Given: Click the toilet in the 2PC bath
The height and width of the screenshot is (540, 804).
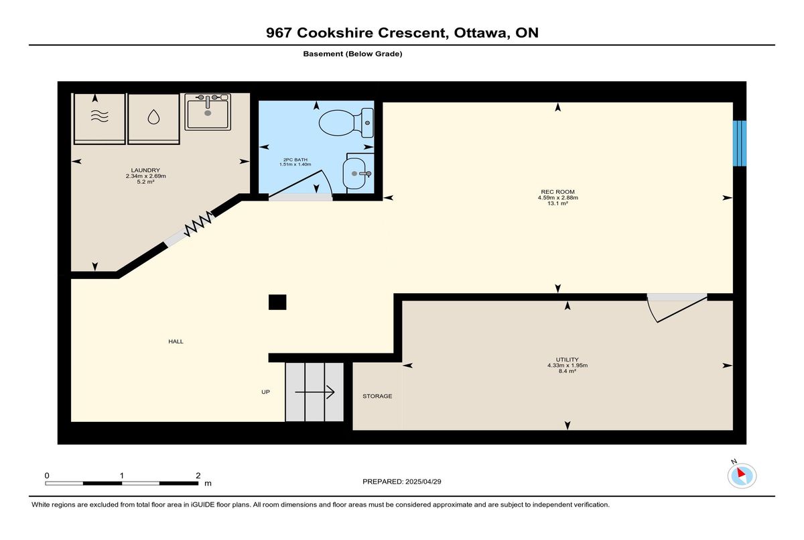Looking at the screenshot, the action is tap(346, 123).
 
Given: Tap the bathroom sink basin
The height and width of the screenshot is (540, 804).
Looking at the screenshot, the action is tap(354, 174).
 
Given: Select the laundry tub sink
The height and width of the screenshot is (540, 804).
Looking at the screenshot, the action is tap(208, 112).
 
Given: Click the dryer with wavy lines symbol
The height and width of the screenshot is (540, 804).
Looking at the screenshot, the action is tap(99, 119).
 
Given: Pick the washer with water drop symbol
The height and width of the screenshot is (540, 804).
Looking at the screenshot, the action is tap(153, 119).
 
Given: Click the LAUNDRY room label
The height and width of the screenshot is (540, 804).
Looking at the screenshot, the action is tap(145, 170).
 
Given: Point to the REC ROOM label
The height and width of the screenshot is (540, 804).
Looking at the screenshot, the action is tap(557, 192).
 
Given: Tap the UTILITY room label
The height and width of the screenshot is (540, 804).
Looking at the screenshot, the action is tap(567, 360).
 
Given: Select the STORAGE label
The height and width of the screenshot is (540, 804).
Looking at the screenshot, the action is tap(377, 396).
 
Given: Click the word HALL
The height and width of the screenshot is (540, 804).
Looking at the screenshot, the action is tap(176, 341).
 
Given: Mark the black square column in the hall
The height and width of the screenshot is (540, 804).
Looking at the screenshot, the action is tap(277, 302).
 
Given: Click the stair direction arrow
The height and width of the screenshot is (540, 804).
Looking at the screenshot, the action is tap(315, 392).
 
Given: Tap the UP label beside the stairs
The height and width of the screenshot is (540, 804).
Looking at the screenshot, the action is tap(265, 392).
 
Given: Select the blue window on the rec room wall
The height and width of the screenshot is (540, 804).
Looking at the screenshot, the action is tap(740, 144).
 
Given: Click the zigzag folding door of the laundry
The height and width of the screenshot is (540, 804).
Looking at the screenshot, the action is tap(198, 224).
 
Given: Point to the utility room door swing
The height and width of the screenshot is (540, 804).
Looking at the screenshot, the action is tap(677, 309).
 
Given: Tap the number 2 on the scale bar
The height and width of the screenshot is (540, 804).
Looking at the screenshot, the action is tap(198, 476).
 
